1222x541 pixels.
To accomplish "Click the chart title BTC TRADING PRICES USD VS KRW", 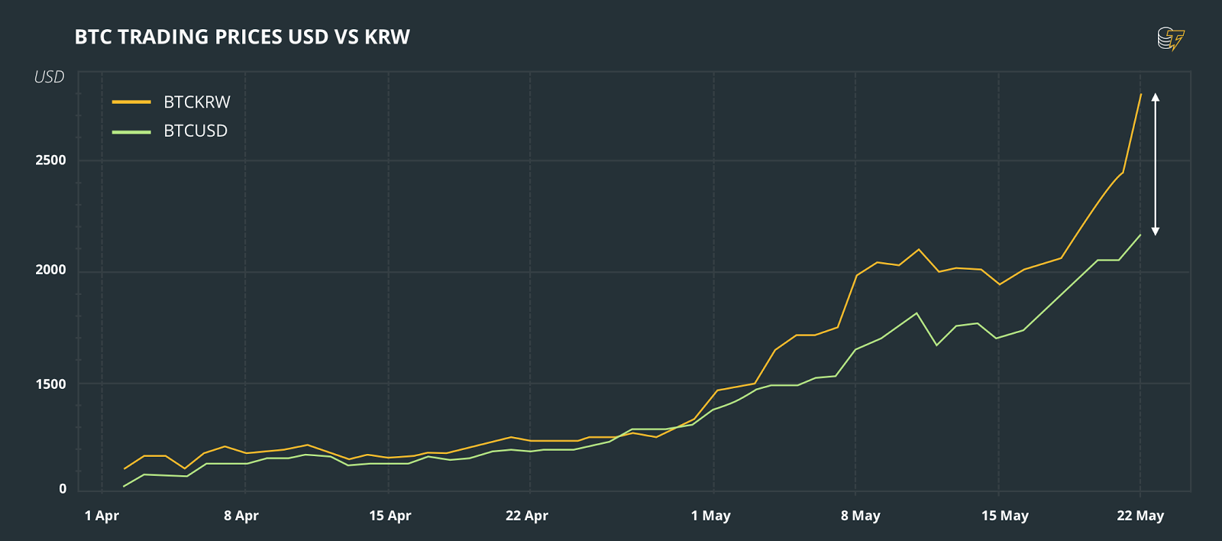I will tap(242, 37).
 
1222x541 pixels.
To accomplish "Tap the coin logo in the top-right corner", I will tap(1170, 39).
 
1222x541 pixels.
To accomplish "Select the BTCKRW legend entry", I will tap(196, 102).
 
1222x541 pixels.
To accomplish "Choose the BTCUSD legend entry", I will tap(195, 131).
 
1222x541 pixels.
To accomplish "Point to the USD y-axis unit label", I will tap(49, 77).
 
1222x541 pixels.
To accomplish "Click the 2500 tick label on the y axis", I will tap(50, 160).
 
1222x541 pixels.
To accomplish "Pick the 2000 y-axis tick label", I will tap(50, 270).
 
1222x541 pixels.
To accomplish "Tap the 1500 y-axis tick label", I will tap(50, 384).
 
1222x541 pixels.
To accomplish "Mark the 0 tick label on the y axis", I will tap(63, 489).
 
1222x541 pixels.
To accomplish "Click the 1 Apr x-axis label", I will tap(102, 516).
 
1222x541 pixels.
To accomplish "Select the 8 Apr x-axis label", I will tap(241, 516).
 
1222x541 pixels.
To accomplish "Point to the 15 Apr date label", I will tap(390, 516).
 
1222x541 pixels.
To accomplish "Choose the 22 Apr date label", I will tap(527, 516).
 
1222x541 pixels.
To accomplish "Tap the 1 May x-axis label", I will tap(711, 516).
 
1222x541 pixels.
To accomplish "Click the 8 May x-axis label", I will tap(861, 516).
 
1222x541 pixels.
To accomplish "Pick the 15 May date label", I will tap(1005, 516).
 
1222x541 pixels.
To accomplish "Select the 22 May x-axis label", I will tap(1140, 516).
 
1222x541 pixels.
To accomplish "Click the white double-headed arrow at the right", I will tap(1156, 164).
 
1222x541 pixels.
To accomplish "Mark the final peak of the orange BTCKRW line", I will tap(1140, 95).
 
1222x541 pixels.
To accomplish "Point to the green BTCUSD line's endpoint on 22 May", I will tap(1140, 235).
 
